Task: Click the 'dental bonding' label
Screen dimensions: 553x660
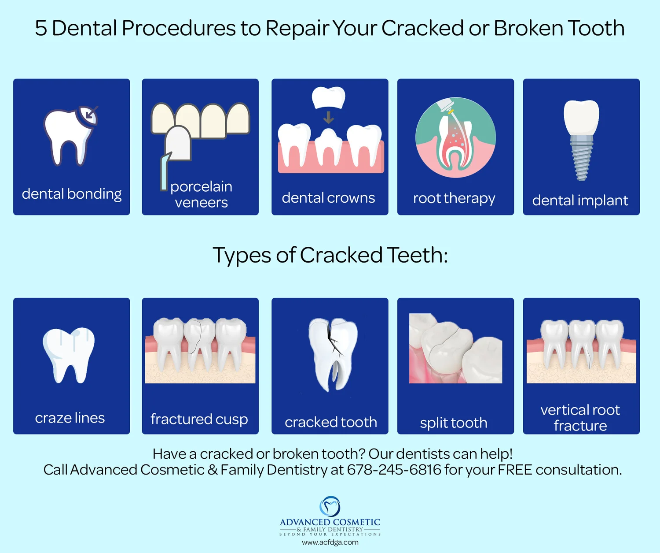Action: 72,194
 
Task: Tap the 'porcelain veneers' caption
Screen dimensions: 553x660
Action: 201,194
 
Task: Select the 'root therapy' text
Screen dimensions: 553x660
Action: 454,198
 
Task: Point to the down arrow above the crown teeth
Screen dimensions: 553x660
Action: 328,117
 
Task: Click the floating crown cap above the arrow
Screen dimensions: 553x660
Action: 328,97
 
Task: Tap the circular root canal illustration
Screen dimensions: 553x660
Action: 455,137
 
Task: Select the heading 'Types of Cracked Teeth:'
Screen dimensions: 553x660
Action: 330,255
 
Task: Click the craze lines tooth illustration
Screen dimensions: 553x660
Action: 69,355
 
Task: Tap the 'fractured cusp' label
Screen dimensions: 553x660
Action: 199,419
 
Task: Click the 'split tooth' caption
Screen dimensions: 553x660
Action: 454,423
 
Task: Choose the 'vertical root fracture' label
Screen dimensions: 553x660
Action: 580,418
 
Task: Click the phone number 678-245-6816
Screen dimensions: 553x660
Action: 394,470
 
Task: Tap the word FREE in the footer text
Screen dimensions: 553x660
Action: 515,470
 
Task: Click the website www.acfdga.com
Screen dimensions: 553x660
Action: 330,542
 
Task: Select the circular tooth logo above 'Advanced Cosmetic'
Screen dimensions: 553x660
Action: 330,506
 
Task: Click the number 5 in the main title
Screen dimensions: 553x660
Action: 41,28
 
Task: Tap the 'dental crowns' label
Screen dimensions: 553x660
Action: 328,198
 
